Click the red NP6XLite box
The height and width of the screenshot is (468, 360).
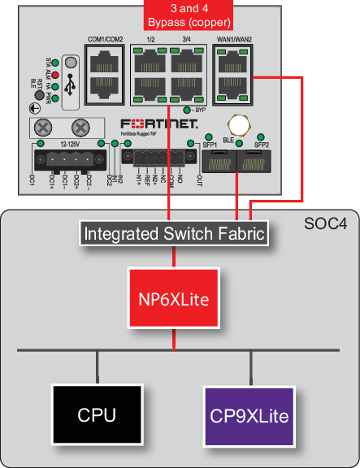(174, 299)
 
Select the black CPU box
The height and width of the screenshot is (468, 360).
(97, 415)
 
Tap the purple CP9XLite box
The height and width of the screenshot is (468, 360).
(249, 415)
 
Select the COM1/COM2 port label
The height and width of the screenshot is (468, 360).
(105, 40)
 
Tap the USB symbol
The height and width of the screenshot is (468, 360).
(70, 84)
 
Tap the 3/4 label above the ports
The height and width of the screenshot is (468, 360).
(188, 40)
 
